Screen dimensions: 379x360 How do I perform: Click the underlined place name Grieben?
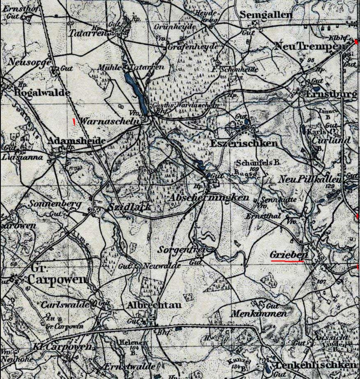(288, 255)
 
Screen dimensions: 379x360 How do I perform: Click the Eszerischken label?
(244, 144)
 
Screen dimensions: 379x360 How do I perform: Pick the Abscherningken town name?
(209, 198)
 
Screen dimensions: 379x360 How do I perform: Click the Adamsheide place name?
(76, 141)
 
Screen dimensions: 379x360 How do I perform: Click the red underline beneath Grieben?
(287, 260)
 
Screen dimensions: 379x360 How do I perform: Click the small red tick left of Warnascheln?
(74, 121)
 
